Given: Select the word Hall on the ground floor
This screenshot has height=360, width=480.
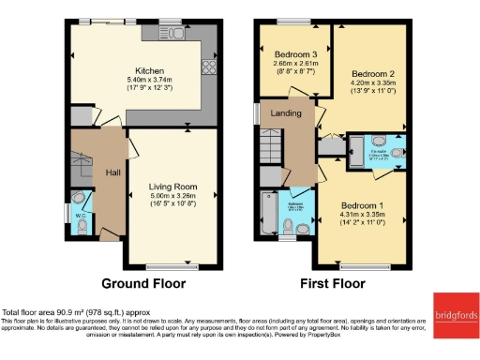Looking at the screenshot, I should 112,173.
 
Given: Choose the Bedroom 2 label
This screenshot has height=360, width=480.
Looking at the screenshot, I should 370,72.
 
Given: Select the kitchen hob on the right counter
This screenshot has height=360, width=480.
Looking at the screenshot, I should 207,67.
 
